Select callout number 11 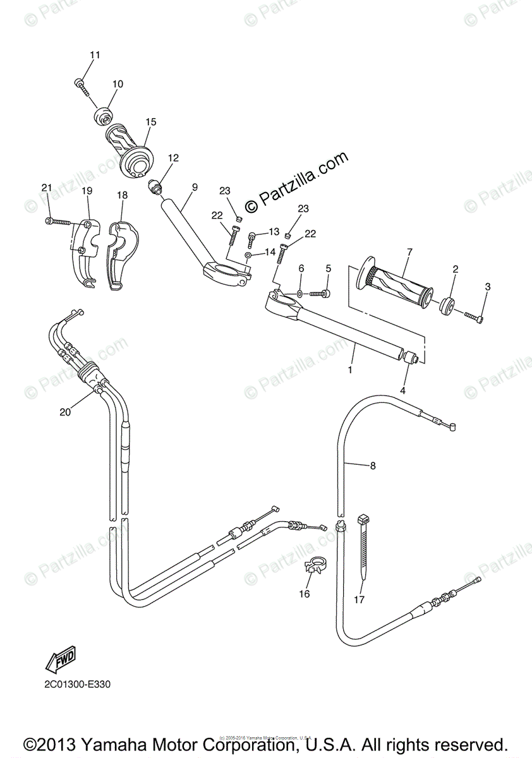pyautogui.click(x=94, y=55)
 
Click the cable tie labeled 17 pyautogui.click(x=363, y=543)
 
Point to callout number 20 pyautogui.click(x=64, y=412)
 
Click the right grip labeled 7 pyautogui.click(x=397, y=284)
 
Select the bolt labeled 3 pyautogui.click(x=475, y=316)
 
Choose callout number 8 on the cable pyautogui.click(x=373, y=466)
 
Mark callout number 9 pyautogui.click(x=195, y=187)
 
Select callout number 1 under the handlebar pyautogui.click(x=350, y=369)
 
